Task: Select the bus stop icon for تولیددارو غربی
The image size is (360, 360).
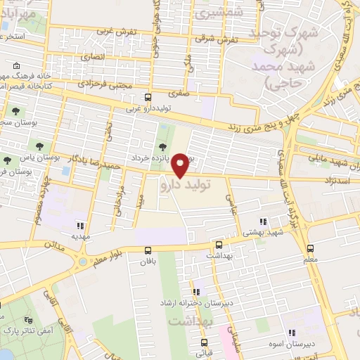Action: tap(147, 98)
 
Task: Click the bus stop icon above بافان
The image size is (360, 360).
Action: tap(148, 250)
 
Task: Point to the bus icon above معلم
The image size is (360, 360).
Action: tap(310, 249)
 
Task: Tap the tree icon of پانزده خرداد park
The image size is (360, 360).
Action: tap(163, 147)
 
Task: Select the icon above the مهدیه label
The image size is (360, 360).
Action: tap(80, 226)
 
